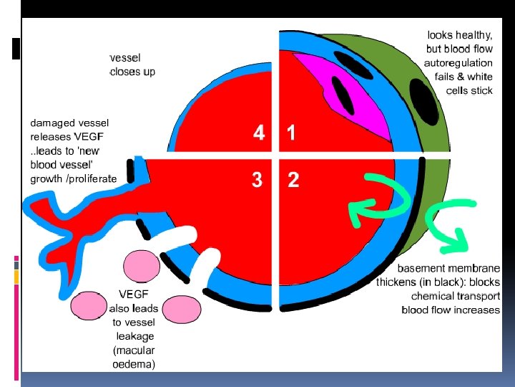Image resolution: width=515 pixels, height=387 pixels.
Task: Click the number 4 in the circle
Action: point(258,133)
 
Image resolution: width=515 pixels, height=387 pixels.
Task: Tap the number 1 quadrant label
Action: point(292,133)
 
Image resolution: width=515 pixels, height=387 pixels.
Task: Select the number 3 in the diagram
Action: point(257,180)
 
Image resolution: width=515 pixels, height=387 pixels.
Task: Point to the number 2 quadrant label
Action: point(293,180)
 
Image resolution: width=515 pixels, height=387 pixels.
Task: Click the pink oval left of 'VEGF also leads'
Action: point(88,305)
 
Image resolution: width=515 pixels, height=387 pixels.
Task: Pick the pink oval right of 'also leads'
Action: point(182,308)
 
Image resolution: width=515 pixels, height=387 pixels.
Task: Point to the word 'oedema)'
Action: point(134,363)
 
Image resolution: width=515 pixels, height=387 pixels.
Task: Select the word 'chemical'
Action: point(434,296)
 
